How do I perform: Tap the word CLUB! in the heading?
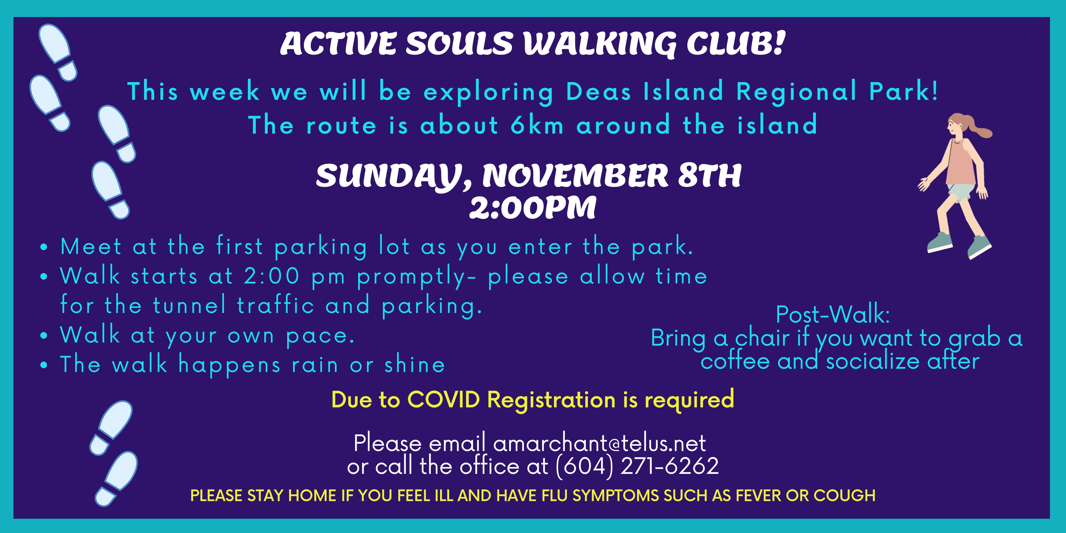click(736, 43)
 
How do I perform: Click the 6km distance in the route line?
click(537, 125)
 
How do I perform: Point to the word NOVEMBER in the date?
click(575, 176)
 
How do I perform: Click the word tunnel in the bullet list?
click(190, 305)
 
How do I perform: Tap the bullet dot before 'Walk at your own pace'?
click(44, 336)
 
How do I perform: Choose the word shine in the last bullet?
click(415, 365)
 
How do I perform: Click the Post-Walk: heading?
click(833, 314)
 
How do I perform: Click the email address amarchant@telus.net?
click(600, 443)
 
